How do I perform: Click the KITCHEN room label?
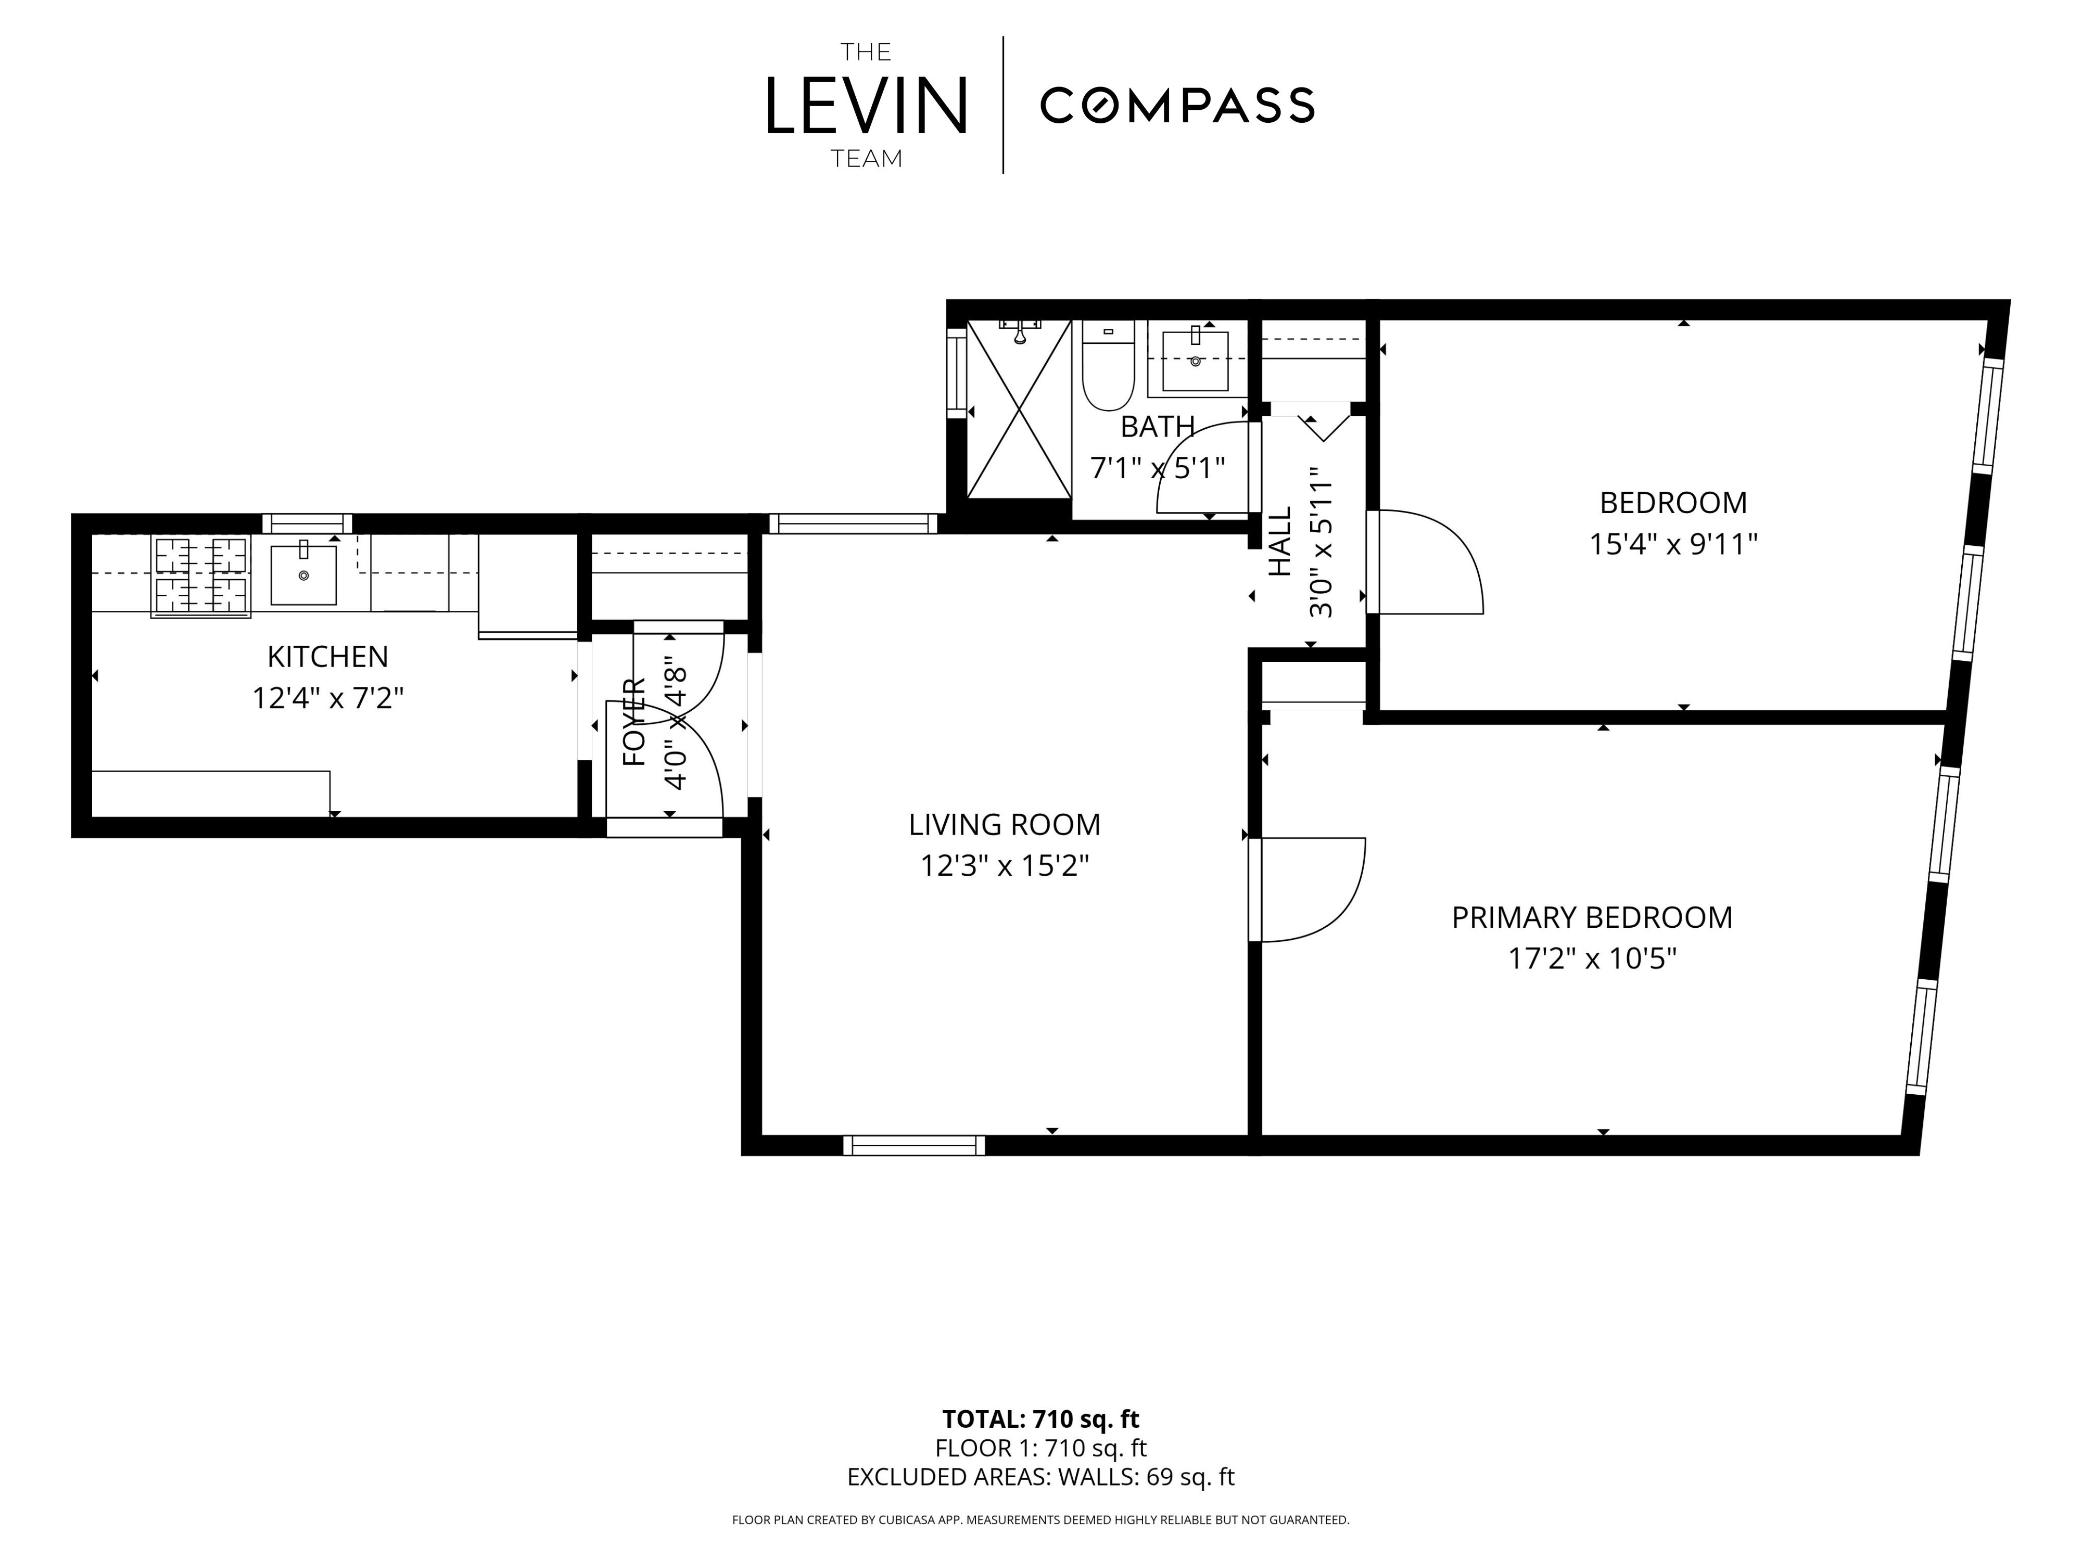327,656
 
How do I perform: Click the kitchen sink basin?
303,574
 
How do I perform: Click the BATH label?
1158,427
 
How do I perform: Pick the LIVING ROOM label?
1004,824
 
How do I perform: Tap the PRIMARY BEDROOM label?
1592,917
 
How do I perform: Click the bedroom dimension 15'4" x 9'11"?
1673,544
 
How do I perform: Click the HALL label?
1280,542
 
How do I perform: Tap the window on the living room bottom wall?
914,1145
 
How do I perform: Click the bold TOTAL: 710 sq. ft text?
1041,1419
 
